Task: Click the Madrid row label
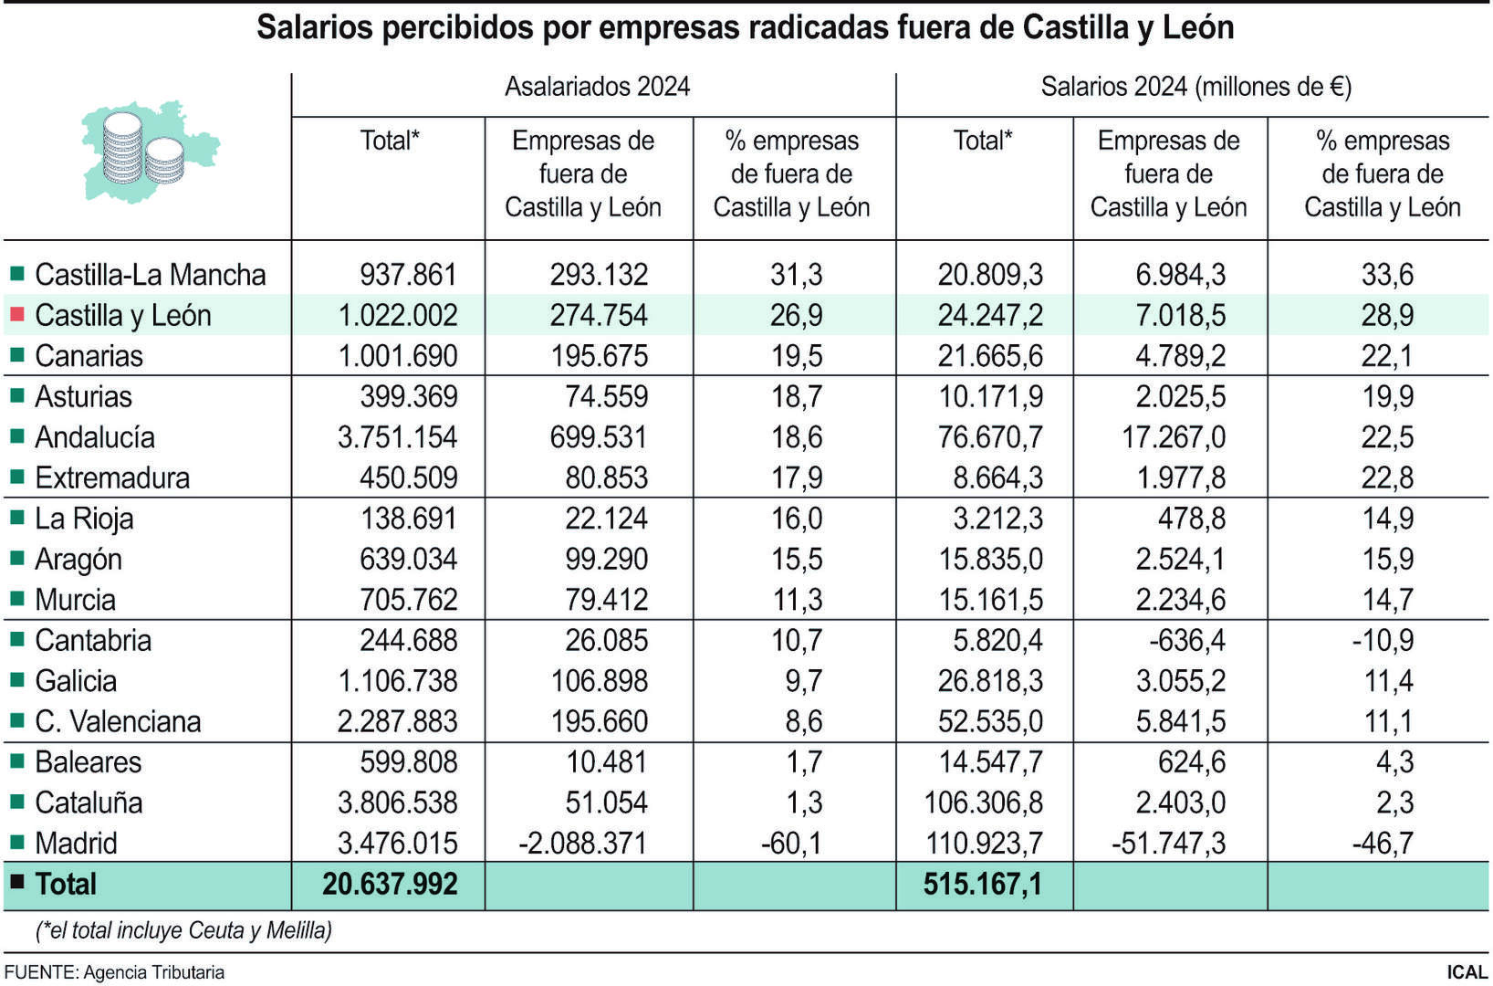[x=76, y=843]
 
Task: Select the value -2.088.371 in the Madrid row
[x=582, y=843]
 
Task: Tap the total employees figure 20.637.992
[x=390, y=884]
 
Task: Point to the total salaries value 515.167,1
[x=982, y=884]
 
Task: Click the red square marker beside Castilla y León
[x=16, y=315]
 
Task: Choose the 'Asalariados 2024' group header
[x=597, y=87]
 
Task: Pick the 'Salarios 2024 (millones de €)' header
[x=1195, y=87]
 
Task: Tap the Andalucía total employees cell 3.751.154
[x=397, y=437]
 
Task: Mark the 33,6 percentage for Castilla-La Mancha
[x=1387, y=274]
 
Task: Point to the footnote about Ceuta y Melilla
[x=183, y=930]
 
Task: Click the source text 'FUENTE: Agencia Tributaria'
[x=114, y=972]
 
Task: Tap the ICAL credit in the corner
[x=1467, y=972]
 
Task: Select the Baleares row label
[x=88, y=761]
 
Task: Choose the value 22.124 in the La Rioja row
[x=606, y=519]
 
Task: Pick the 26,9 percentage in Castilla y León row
[x=796, y=315]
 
